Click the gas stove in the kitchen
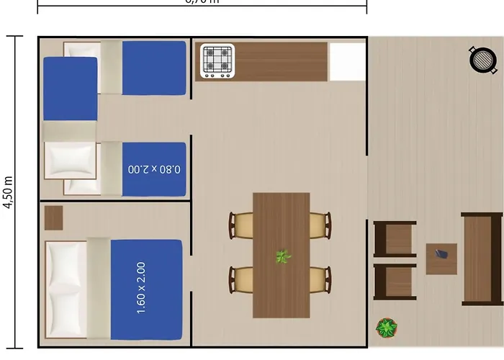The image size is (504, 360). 217,61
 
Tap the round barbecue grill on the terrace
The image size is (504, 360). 483,60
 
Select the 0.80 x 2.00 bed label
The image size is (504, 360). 153,170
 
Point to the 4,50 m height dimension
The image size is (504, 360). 9,192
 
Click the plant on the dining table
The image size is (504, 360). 283,256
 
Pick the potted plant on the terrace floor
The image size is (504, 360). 387,329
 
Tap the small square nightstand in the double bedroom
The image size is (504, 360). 53,217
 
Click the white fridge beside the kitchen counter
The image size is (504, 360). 347,62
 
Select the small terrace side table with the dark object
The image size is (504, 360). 441,258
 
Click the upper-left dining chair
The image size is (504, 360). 242,225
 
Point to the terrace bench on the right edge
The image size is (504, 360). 482,258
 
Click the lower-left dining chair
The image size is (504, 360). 242,280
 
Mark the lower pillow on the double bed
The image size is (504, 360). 66,312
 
